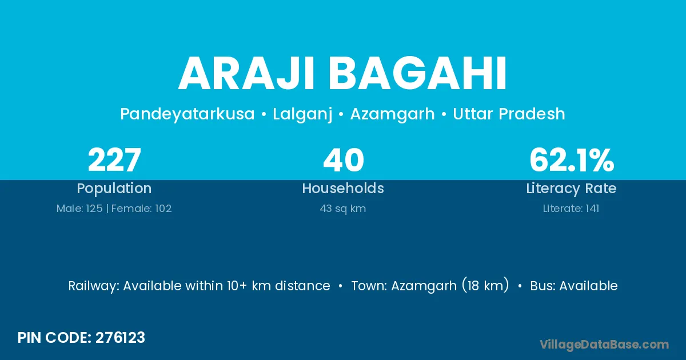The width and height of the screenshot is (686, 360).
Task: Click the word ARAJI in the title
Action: [246, 74]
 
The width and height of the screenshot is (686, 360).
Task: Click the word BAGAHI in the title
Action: [418, 74]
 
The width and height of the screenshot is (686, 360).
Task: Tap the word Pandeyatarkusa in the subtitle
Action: [188, 114]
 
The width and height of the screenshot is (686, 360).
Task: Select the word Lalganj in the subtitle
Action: [302, 114]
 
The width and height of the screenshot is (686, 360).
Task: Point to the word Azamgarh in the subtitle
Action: [393, 114]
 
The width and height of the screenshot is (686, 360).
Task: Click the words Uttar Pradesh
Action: [509, 114]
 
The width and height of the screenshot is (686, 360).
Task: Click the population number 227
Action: [114, 160]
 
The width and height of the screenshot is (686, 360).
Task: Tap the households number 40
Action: [344, 160]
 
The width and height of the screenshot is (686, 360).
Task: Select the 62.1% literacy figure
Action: [572, 160]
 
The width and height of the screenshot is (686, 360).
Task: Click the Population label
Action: [114, 189]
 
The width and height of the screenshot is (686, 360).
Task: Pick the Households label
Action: [343, 188]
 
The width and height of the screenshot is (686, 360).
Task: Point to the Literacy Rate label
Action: [571, 189]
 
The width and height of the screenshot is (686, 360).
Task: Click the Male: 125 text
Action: [79, 209]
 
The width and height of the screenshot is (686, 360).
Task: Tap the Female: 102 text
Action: [142, 209]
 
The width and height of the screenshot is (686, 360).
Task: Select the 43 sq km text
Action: [343, 209]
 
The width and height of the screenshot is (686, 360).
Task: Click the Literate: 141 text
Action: [571, 209]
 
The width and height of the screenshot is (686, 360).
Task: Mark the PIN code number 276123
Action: [120, 338]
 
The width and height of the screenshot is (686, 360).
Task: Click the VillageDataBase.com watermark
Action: [604, 345]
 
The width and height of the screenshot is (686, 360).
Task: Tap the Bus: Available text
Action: [574, 286]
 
